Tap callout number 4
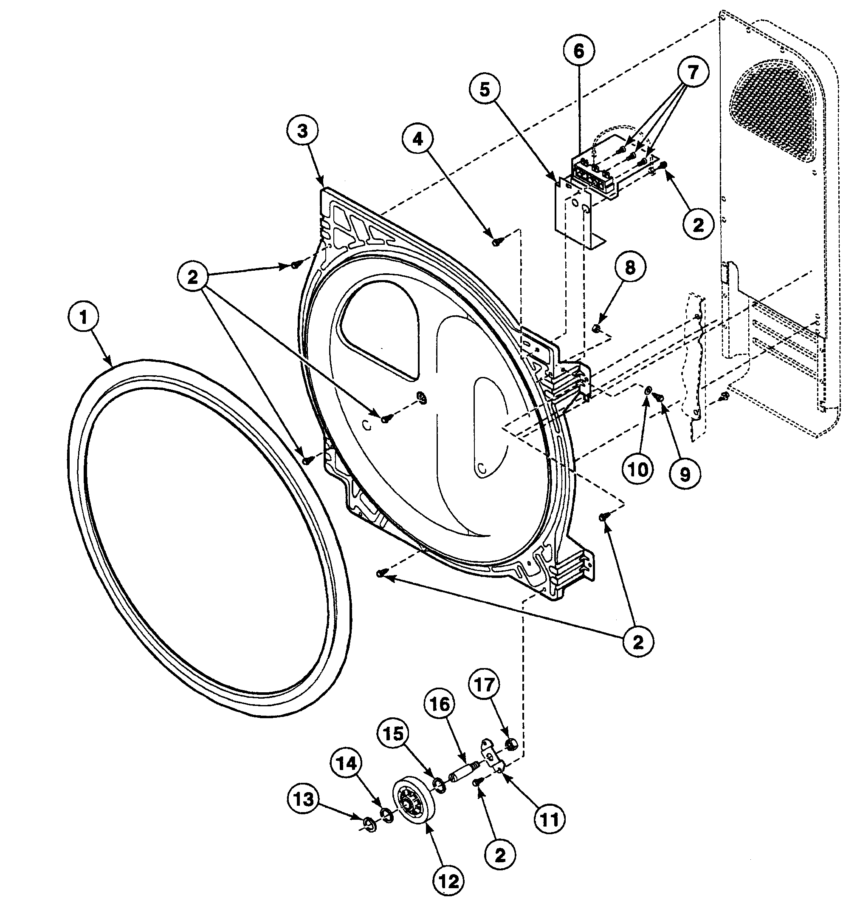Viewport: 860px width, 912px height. pyautogui.click(x=417, y=139)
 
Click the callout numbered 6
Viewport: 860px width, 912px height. pyautogui.click(x=579, y=51)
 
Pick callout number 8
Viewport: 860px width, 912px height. pyautogui.click(x=630, y=267)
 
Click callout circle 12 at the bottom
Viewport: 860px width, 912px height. pyautogui.click(x=448, y=881)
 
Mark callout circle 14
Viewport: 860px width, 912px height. pyautogui.click(x=347, y=763)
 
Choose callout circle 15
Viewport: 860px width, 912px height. pyautogui.click(x=394, y=734)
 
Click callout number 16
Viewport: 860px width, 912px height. pyautogui.click(x=440, y=704)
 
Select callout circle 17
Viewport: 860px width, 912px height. pyautogui.click(x=485, y=685)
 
